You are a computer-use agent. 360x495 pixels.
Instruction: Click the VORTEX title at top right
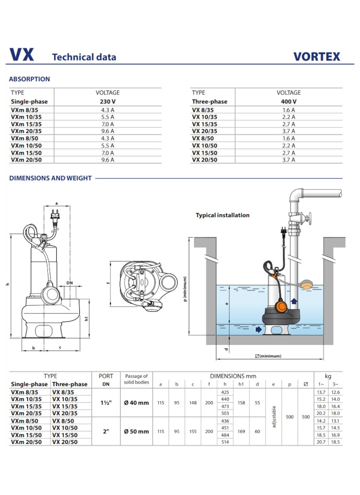pyautogui.click(x=316, y=56)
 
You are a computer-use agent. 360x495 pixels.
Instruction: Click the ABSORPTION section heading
pyautogui.click(x=30, y=79)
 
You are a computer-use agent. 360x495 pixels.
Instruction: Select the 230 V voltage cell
pyautogui.click(x=107, y=102)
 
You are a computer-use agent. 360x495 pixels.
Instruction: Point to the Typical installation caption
pyautogui.click(x=222, y=215)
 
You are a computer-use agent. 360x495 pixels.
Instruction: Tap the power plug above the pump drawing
pyautogui.click(x=55, y=214)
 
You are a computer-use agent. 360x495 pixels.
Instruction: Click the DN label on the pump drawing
pyautogui.click(x=69, y=283)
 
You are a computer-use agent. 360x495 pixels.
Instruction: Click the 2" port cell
pyautogui.click(x=106, y=431)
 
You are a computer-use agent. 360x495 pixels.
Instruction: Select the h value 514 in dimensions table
pyautogui.click(x=225, y=442)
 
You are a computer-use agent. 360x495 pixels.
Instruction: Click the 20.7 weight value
pyautogui.click(x=320, y=442)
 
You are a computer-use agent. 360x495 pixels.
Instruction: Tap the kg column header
pyautogui.click(x=328, y=376)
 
